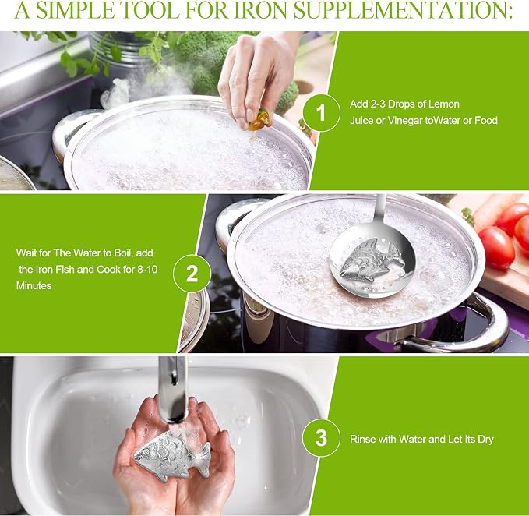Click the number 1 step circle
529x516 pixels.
(321, 112)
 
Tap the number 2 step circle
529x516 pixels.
(192, 274)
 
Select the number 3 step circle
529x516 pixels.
(321, 438)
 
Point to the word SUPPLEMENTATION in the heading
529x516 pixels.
(403, 10)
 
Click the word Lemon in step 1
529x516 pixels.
(445, 104)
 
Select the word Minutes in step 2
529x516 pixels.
(34, 286)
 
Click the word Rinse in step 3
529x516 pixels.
(363, 439)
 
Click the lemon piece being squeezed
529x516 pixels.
(259, 121)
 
